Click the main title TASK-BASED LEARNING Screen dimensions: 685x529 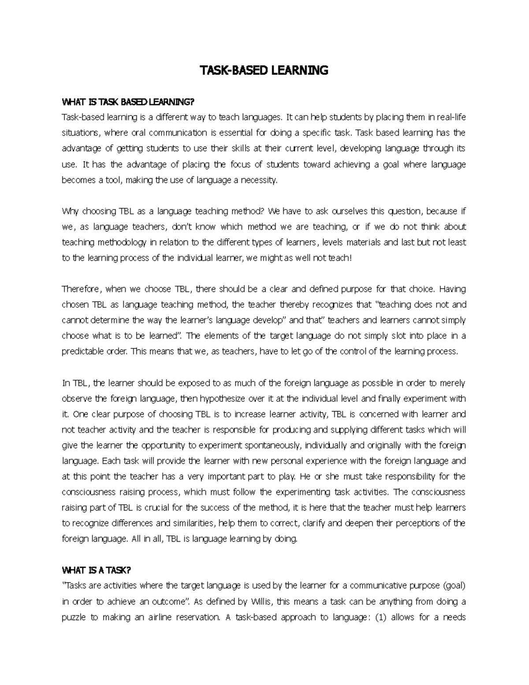coord(264,70)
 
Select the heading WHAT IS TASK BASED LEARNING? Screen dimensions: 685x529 coord(128,102)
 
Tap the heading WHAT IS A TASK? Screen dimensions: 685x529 coord(97,570)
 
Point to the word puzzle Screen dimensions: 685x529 coord(73,618)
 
